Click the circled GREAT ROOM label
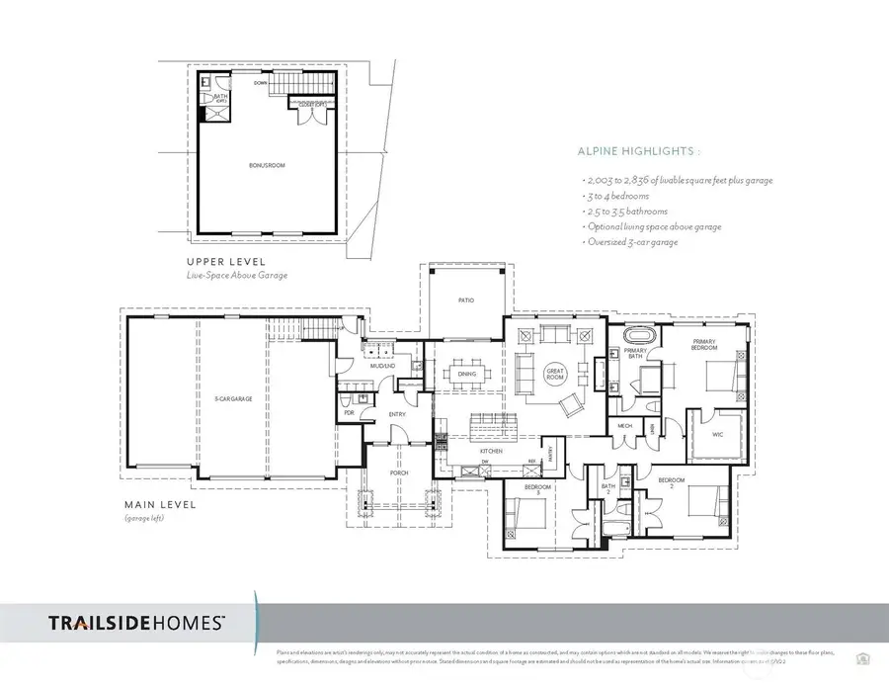pyautogui.click(x=553, y=373)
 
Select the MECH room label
pyautogui.click(x=625, y=426)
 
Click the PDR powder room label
pyautogui.click(x=349, y=413)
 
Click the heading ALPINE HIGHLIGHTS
pyautogui.click(x=638, y=153)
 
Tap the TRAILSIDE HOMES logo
pyautogui.click(x=137, y=623)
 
